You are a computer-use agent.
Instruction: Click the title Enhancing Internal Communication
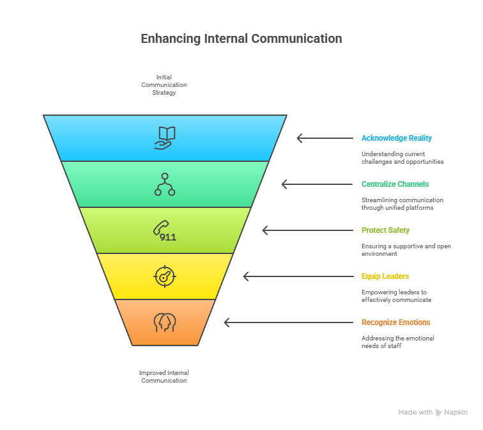(241, 38)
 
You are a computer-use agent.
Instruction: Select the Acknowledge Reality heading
(396, 138)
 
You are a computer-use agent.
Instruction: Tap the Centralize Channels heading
(395, 184)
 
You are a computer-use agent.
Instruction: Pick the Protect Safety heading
(385, 230)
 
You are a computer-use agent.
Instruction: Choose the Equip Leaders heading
(385, 276)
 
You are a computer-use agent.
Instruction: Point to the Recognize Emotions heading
(395, 322)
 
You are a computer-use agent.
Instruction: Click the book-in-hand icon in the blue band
(165, 138)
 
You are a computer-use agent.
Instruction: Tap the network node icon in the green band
(165, 184)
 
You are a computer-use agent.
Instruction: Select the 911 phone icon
(164, 230)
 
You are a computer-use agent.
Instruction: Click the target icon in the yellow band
(164, 276)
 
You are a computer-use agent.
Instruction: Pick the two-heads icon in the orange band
(164, 322)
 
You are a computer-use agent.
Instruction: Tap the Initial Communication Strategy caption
(164, 84)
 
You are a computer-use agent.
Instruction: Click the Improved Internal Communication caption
(164, 376)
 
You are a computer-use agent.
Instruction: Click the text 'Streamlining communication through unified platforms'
(402, 204)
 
